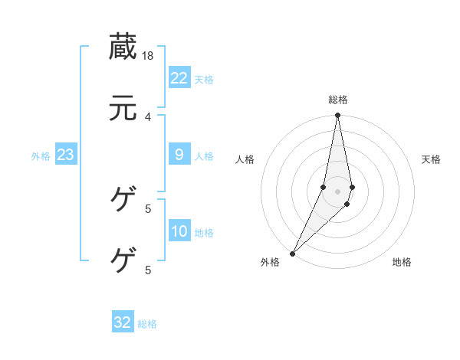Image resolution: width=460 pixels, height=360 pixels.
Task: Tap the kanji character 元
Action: pyautogui.click(x=123, y=108)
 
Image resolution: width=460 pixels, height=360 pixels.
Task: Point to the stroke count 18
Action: pyautogui.click(x=149, y=55)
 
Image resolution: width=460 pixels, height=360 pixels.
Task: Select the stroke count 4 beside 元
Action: pyautogui.click(x=148, y=116)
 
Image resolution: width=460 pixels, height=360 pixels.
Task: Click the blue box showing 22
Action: pyautogui.click(x=179, y=77)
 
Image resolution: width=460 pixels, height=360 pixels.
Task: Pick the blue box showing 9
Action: pyautogui.click(x=179, y=155)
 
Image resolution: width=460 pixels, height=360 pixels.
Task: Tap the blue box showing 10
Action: pyautogui.click(x=179, y=231)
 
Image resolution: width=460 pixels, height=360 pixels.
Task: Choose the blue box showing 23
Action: pyautogui.click(x=65, y=155)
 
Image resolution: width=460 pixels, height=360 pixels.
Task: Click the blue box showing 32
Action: pyautogui.click(x=123, y=322)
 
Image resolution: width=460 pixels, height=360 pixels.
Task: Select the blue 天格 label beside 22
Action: pyautogui.click(x=204, y=79)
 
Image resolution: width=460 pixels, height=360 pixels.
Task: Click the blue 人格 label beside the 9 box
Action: pyautogui.click(x=204, y=156)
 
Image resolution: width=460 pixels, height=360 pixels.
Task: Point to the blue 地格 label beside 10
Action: pyautogui.click(x=204, y=233)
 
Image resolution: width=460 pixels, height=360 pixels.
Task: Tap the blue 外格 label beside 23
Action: pyautogui.click(x=41, y=156)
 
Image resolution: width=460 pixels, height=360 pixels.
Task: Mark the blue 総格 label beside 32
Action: pyautogui.click(x=147, y=324)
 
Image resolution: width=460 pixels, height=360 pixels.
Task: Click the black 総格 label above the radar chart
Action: pyautogui.click(x=337, y=100)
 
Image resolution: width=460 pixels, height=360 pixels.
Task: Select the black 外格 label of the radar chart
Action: pyautogui.click(x=270, y=262)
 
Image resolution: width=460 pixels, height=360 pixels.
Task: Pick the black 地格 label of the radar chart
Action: pyautogui.click(x=402, y=262)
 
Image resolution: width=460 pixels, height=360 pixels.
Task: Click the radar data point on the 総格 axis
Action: pyautogui.click(x=337, y=116)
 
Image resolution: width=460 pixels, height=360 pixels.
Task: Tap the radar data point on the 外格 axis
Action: pyautogui.click(x=292, y=253)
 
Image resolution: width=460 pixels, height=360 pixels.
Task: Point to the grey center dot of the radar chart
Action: pyautogui.click(x=337, y=191)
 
